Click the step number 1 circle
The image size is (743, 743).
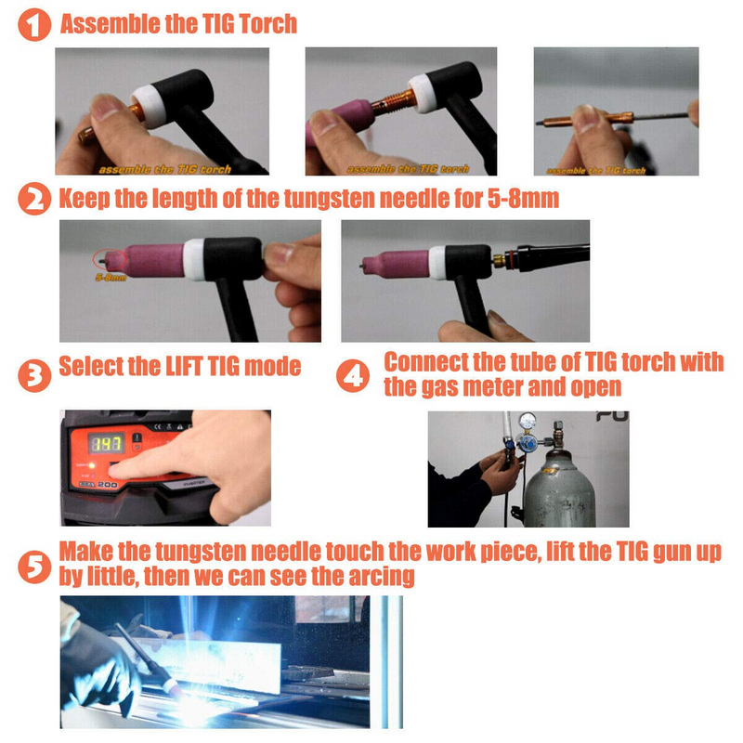point(34,23)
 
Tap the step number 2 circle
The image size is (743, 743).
point(34,200)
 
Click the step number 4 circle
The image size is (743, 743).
point(353,376)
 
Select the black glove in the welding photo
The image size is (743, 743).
point(98,664)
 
